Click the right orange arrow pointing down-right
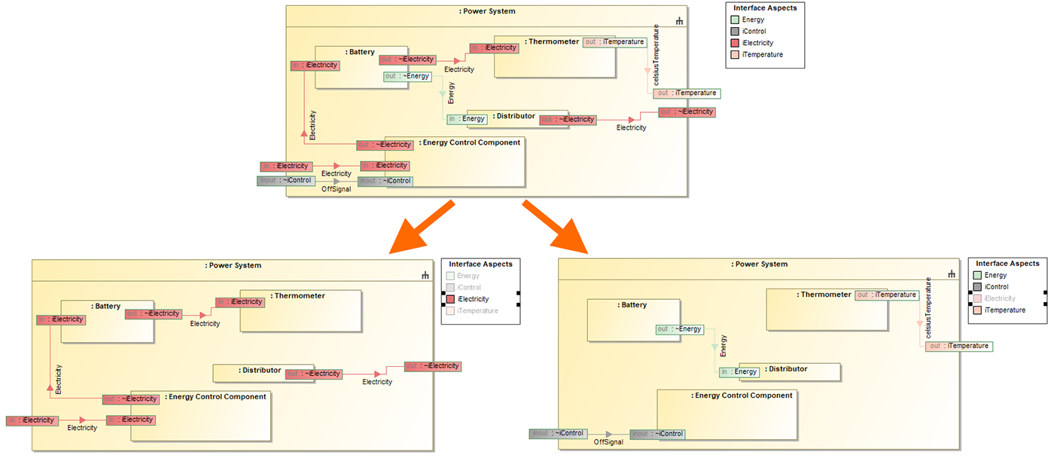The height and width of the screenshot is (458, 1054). [x=556, y=228]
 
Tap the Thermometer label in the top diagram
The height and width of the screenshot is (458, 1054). [x=553, y=41]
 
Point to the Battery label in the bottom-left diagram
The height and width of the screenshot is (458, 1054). [x=107, y=307]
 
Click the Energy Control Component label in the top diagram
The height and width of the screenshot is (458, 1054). [x=471, y=142]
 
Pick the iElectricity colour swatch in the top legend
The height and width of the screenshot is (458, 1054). [x=735, y=43]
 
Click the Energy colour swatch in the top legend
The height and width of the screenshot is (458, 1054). [x=735, y=20]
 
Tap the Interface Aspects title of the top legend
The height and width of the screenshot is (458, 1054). [x=765, y=8]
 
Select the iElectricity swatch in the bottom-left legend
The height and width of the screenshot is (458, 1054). [x=450, y=299]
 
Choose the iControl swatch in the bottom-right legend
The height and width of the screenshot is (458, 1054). [x=977, y=287]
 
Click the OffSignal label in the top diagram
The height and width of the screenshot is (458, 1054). [x=337, y=189]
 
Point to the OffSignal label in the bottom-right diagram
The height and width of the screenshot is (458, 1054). [x=608, y=442]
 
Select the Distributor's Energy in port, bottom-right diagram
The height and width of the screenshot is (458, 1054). [x=739, y=372]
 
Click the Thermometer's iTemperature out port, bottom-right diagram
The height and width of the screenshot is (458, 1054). [x=887, y=295]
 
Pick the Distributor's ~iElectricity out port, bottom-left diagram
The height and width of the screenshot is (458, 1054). [x=314, y=374]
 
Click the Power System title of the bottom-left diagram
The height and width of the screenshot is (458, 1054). [x=233, y=265]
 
